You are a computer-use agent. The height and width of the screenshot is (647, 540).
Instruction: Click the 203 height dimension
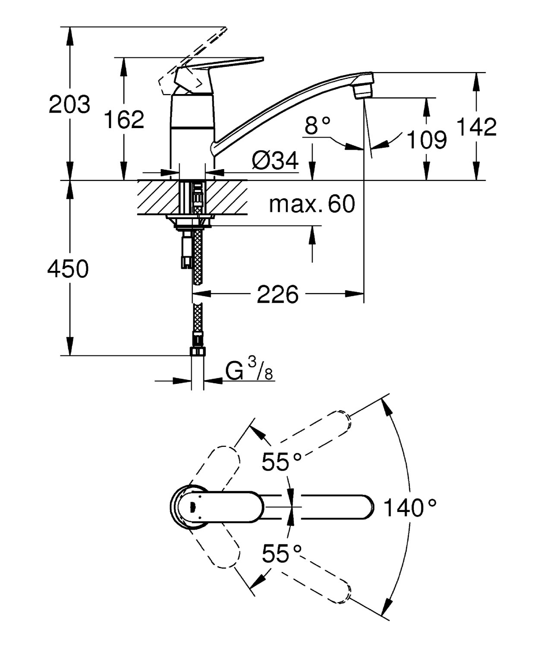point(69,104)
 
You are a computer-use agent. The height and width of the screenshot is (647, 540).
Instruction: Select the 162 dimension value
point(124,119)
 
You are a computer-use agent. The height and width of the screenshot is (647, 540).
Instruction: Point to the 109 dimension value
point(426,140)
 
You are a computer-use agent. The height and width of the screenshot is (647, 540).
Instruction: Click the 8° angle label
point(317,125)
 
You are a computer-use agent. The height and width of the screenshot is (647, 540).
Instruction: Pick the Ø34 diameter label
point(275,160)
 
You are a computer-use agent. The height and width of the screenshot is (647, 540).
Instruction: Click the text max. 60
point(312,204)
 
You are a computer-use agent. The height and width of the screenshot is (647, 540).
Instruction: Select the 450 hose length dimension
point(68,269)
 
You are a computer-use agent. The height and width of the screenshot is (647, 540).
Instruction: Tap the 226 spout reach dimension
point(278,294)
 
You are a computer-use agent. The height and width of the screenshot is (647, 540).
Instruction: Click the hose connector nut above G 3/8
point(198,351)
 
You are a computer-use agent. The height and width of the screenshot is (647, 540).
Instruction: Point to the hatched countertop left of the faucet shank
point(158,197)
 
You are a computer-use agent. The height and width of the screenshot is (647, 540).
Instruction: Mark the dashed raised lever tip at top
point(224,30)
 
